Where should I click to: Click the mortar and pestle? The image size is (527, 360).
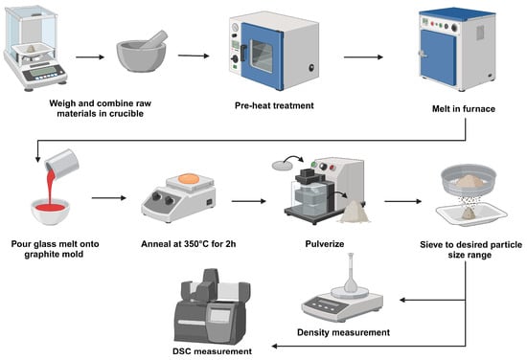tap(142, 51)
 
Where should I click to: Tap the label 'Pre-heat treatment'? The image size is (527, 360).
tap(274, 105)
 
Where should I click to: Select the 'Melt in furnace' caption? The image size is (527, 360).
tap(464, 109)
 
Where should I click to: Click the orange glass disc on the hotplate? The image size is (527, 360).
tap(189, 178)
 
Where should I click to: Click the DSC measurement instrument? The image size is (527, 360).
tap(212, 306)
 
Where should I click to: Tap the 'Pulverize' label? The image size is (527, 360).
tap(325, 244)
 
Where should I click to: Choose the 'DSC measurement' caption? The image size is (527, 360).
tap(212, 351)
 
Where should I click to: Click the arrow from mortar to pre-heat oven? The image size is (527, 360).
tap(194, 56)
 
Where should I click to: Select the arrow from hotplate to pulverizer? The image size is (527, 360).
tap(249, 201)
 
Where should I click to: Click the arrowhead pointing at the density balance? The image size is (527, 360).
tap(402, 300)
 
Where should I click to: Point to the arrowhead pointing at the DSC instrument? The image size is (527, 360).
tap(275, 346)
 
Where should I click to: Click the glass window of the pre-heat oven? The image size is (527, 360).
tap(262, 56)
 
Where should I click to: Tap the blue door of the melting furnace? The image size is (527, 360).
tap(438, 56)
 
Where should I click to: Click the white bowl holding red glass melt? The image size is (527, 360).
tap(51, 211)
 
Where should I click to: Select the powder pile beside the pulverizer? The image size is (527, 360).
tap(354, 213)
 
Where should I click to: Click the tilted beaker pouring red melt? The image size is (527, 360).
tap(62, 164)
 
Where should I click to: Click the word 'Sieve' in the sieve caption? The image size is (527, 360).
tap(432, 245)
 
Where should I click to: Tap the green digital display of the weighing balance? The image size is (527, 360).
tap(43, 71)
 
